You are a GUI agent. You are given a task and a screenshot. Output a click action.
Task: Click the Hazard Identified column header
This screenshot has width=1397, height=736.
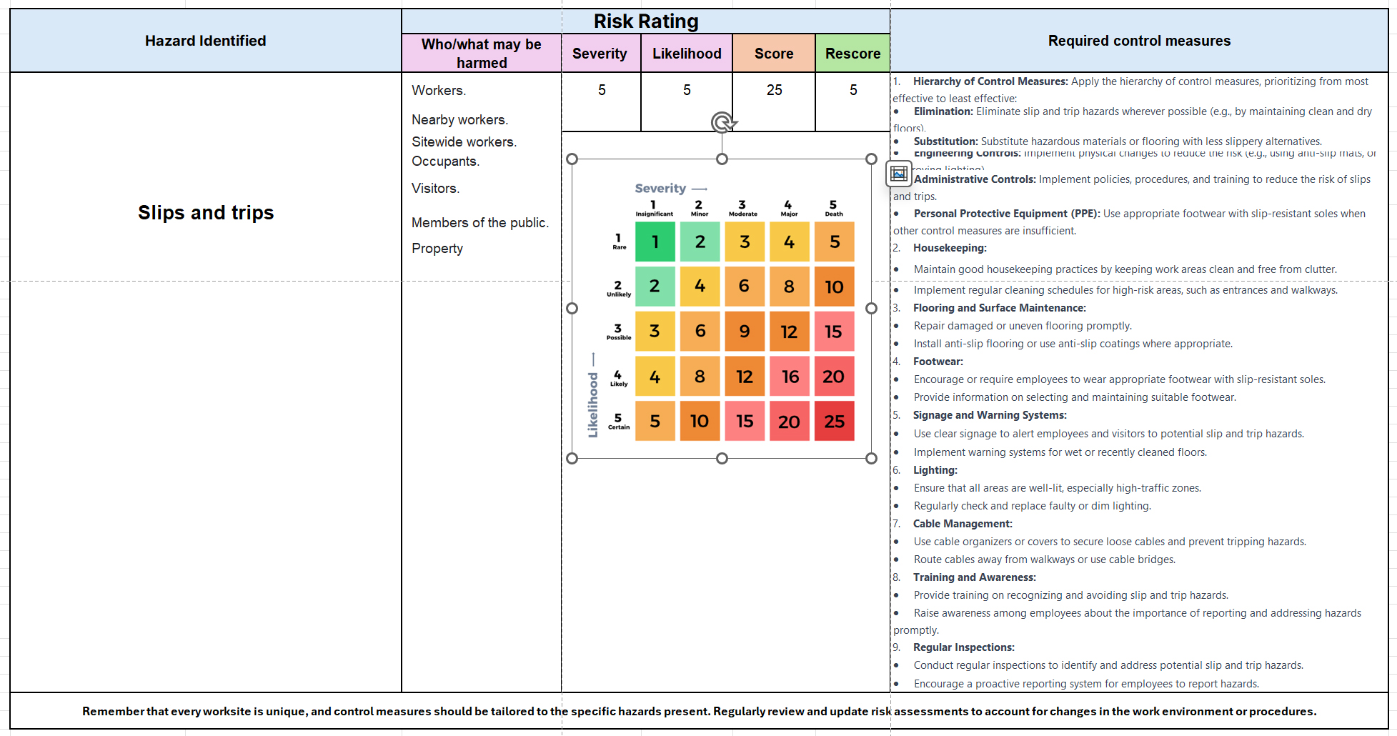click(x=205, y=41)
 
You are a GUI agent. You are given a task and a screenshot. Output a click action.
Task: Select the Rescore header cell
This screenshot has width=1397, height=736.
click(x=852, y=54)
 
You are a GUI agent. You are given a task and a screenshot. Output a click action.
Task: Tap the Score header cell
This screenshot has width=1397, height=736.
click(x=774, y=54)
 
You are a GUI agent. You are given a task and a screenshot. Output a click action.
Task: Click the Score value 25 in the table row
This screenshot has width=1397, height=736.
click(x=774, y=90)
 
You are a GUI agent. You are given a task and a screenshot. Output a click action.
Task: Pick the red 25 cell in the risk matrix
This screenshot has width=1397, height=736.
click(x=834, y=422)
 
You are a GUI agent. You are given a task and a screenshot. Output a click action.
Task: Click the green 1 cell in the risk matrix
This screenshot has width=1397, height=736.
click(x=655, y=242)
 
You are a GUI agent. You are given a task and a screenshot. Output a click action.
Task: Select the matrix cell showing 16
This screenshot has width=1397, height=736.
click(x=790, y=377)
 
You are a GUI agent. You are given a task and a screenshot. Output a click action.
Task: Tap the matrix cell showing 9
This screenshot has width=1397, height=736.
click(x=745, y=332)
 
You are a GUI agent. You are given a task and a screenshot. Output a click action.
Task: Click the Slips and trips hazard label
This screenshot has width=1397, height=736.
click(x=206, y=213)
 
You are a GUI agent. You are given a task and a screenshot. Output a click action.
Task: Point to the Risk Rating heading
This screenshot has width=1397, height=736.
click(x=646, y=21)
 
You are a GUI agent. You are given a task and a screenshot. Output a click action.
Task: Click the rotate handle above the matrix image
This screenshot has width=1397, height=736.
click(x=722, y=123)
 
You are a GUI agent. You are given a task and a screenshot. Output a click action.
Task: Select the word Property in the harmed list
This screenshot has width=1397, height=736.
click(x=437, y=249)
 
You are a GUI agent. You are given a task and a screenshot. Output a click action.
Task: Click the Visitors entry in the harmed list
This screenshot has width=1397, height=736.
click(x=435, y=189)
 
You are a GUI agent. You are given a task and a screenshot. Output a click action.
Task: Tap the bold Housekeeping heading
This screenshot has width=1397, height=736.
click(x=949, y=248)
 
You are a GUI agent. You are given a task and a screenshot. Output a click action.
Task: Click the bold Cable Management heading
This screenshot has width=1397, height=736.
click(x=962, y=524)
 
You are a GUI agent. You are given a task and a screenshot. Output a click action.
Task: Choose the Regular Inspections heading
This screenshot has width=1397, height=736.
click(x=963, y=647)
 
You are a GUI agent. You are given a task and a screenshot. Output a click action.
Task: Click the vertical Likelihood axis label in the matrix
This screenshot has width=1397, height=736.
click(x=592, y=404)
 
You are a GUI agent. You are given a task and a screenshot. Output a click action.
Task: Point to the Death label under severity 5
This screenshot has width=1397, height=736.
click(x=834, y=214)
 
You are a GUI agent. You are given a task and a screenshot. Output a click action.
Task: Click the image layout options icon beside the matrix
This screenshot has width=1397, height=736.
click(x=898, y=173)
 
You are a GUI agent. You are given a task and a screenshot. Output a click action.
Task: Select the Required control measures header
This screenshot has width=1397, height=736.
click(x=1139, y=41)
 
